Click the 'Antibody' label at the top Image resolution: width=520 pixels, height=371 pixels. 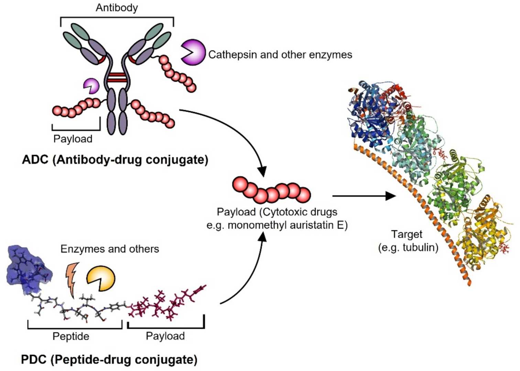click(117, 8)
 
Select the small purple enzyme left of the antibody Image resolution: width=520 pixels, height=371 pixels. click(91, 85)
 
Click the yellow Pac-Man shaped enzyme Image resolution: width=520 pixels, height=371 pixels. click(100, 278)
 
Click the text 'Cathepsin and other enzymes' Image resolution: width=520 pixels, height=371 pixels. click(280, 55)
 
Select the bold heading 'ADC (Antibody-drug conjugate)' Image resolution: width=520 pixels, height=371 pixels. click(115, 160)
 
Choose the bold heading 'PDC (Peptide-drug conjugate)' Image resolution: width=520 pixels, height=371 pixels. click(109, 359)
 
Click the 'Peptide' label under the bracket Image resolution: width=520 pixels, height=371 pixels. click(71, 336)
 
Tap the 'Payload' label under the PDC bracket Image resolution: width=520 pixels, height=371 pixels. click(165, 336)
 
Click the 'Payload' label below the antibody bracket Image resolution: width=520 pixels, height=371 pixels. click(73, 139)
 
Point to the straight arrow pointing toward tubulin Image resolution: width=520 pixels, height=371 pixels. click(364, 196)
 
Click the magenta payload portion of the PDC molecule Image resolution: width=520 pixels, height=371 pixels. click(165, 302)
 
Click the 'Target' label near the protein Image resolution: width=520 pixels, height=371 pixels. click(407, 234)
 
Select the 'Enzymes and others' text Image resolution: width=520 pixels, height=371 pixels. click(110, 249)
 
